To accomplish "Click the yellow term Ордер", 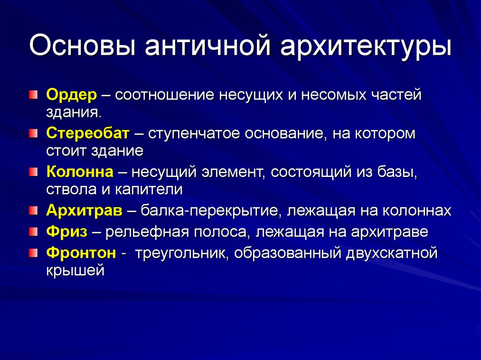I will (x=71, y=94).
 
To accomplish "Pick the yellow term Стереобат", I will (x=87, y=133).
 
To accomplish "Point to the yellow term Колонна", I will (x=80, y=172).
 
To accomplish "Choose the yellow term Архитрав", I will (x=85, y=211).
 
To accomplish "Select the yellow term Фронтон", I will (x=81, y=253).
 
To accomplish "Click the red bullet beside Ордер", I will (x=31, y=95).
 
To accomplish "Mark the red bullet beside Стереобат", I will (x=31, y=134).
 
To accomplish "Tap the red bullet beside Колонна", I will (x=31, y=172).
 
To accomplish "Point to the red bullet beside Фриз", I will (x=31, y=231).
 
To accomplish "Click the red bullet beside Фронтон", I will (x=31, y=253).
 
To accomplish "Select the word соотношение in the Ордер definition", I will (x=164, y=95).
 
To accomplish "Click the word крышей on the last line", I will (x=75, y=271).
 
